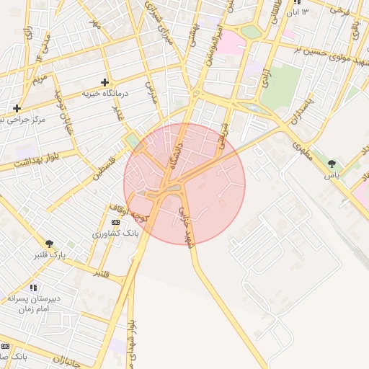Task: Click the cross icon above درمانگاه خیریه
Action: coord(105,83)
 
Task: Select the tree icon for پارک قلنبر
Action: coord(49,244)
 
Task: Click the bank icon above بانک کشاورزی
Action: coord(116,223)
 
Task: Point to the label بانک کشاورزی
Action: coord(115,234)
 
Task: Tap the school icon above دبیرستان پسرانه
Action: coord(33,288)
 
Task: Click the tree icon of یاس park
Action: coord(332,164)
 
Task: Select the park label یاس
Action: coord(332,175)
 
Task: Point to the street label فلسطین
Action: coord(104,162)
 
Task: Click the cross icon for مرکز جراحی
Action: coord(17,108)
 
